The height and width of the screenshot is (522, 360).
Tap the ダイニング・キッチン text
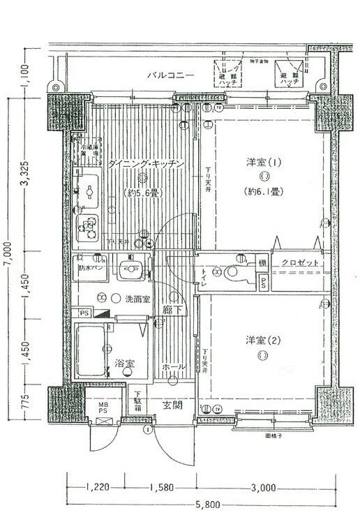(x=146, y=163)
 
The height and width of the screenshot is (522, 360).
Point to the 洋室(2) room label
(x=262, y=340)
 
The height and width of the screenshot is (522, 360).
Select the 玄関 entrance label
(x=173, y=405)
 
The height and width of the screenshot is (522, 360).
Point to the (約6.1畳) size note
(x=263, y=191)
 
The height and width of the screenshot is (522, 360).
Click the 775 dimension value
(x=25, y=403)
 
